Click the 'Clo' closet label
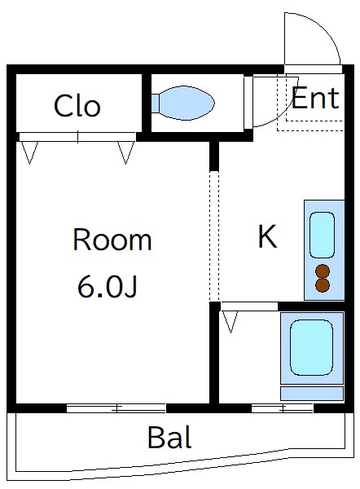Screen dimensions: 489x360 click(77, 106)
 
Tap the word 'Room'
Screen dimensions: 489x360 click(112, 240)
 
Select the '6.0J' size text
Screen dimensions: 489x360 click(107, 286)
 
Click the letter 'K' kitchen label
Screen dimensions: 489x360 click(267, 237)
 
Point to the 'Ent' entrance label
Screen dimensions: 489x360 click(314, 99)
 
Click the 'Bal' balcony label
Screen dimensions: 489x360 click(169, 438)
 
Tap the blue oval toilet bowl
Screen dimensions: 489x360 click(187, 104)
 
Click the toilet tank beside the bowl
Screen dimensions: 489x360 click(155, 104)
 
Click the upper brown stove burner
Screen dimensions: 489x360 click(323, 271)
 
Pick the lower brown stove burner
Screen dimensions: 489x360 click(323, 285)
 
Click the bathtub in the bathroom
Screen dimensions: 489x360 click(311, 347)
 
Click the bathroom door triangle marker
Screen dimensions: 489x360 click(230, 320)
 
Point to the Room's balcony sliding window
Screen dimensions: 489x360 click(116, 407)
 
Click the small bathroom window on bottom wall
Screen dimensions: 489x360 click(282, 407)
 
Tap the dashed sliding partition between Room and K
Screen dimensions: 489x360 click(214, 236)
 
